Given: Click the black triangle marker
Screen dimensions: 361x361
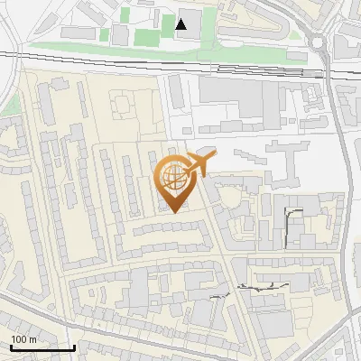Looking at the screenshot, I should coord(182,24).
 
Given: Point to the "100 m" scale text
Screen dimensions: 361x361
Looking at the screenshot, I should coord(23,339).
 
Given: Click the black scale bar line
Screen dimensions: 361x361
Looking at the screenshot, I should coord(42,347).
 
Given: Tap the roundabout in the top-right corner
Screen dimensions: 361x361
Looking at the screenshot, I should coord(319,42).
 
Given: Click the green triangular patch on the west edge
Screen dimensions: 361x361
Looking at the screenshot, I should coord(8,104).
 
